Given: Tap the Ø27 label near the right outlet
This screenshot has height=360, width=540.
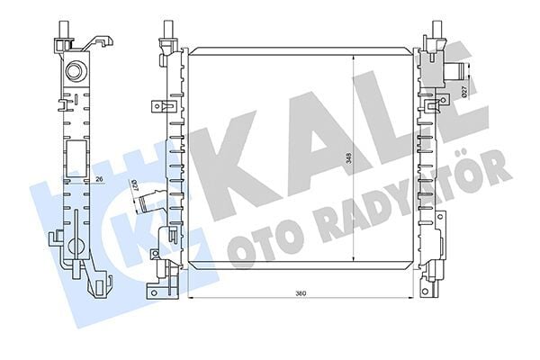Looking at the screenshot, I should pos(462,91).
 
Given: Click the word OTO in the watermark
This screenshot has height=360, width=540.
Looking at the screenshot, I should pos(261,247).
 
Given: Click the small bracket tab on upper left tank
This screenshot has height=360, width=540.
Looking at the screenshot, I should pos(160,106).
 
